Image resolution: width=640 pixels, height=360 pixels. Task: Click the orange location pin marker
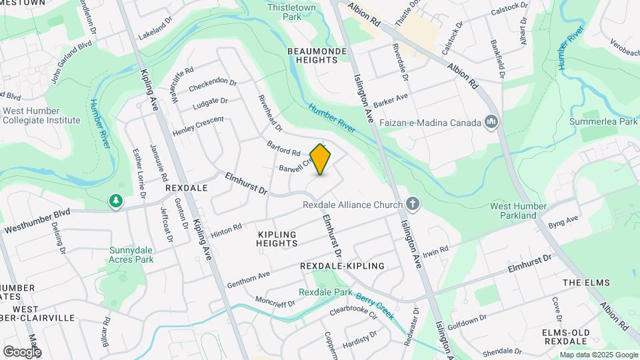pyautogui.click(x=321, y=159)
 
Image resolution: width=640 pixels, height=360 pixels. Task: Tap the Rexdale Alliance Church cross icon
pyautogui.click(x=413, y=204)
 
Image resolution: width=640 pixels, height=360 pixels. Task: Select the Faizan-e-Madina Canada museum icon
pyautogui.click(x=491, y=122)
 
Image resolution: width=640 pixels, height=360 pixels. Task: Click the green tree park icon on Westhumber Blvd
pyautogui.click(x=116, y=201)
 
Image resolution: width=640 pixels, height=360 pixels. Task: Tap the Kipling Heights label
pyautogui.click(x=277, y=239)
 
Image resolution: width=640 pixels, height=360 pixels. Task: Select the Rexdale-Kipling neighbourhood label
pyautogui.click(x=343, y=265)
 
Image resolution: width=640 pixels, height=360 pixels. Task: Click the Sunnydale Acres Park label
pyautogui.click(x=131, y=255)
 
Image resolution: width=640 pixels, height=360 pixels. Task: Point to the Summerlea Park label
pyautogui.click(x=603, y=122)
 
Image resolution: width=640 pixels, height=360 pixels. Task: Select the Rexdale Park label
pyautogui.click(x=325, y=292)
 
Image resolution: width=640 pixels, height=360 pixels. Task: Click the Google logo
pyautogui.click(x=22, y=351)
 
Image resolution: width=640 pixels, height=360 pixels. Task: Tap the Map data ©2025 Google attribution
pyautogui.click(x=598, y=355)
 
